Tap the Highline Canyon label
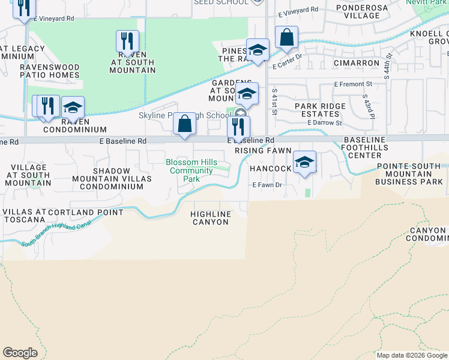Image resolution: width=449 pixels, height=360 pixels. click(x=209, y=218)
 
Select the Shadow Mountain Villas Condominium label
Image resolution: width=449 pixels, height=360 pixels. click(x=108, y=178)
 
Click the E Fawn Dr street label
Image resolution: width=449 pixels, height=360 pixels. click(x=267, y=185)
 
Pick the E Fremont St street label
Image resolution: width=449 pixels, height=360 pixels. click(x=353, y=85)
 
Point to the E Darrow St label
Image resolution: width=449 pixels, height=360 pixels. click(x=324, y=122)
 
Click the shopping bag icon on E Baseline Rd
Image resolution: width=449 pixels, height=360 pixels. click(x=185, y=124)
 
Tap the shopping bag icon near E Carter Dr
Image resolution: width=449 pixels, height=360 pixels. click(x=287, y=37)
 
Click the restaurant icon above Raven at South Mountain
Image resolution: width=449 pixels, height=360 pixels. click(x=127, y=41)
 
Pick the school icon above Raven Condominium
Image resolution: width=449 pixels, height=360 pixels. click(x=73, y=107)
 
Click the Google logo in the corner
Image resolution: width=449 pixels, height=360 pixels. click(x=20, y=353)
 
